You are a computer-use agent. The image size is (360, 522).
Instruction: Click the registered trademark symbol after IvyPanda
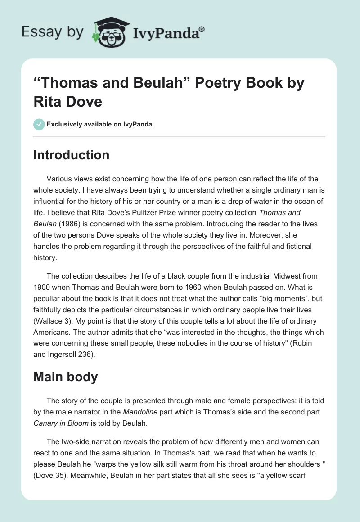click(x=202, y=29)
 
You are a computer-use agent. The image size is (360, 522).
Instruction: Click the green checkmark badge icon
click(x=39, y=124)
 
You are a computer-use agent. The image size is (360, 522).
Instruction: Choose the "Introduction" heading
click(x=71, y=155)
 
